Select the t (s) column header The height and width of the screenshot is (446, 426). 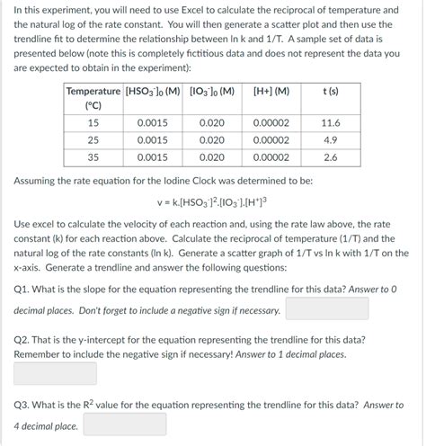329,91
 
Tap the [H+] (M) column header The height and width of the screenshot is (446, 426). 271,91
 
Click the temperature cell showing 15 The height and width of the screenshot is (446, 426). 93,122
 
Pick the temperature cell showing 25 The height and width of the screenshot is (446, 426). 93,139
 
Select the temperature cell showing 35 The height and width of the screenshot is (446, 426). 93,157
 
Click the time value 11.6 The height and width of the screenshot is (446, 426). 329,122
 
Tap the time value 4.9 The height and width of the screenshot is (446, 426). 329,139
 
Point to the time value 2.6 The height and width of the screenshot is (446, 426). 329,157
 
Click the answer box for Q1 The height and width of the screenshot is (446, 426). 327,308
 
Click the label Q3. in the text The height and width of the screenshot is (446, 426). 24,406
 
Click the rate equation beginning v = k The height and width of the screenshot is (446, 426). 212,201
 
